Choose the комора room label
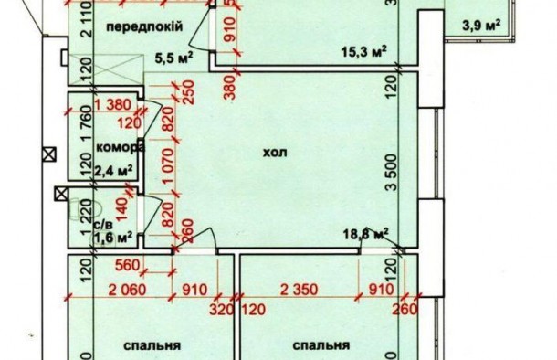pyautogui.click(x=120, y=148)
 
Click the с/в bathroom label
pyautogui.click(x=103, y=222)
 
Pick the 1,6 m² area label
pyautogui.click(x=115, y=237)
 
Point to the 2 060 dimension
pyautogui.click(x=128, y=293)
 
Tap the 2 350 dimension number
pyautogui.click(x=298, y=293)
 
